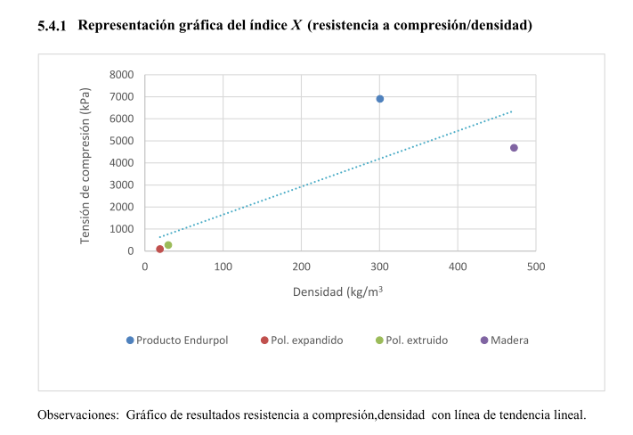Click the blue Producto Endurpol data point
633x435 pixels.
[379, 99]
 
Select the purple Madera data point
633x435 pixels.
[514, 148]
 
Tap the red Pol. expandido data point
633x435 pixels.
[160, 250]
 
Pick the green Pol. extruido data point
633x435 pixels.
[168, 245]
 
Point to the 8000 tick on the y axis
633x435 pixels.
[121, 75]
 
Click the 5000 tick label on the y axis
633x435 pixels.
[121, 141]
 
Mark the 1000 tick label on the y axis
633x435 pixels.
[121, 229]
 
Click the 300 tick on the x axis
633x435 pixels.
[379, 266]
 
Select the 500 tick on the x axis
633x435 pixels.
[536, 266]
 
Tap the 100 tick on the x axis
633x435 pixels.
[223, 266]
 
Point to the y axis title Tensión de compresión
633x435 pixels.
[85, 166]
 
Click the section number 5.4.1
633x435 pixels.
[53, 27]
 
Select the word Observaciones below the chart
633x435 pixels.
[77, 415]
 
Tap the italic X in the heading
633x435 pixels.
[296, 26]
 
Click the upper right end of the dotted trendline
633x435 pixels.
[513, 111]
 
